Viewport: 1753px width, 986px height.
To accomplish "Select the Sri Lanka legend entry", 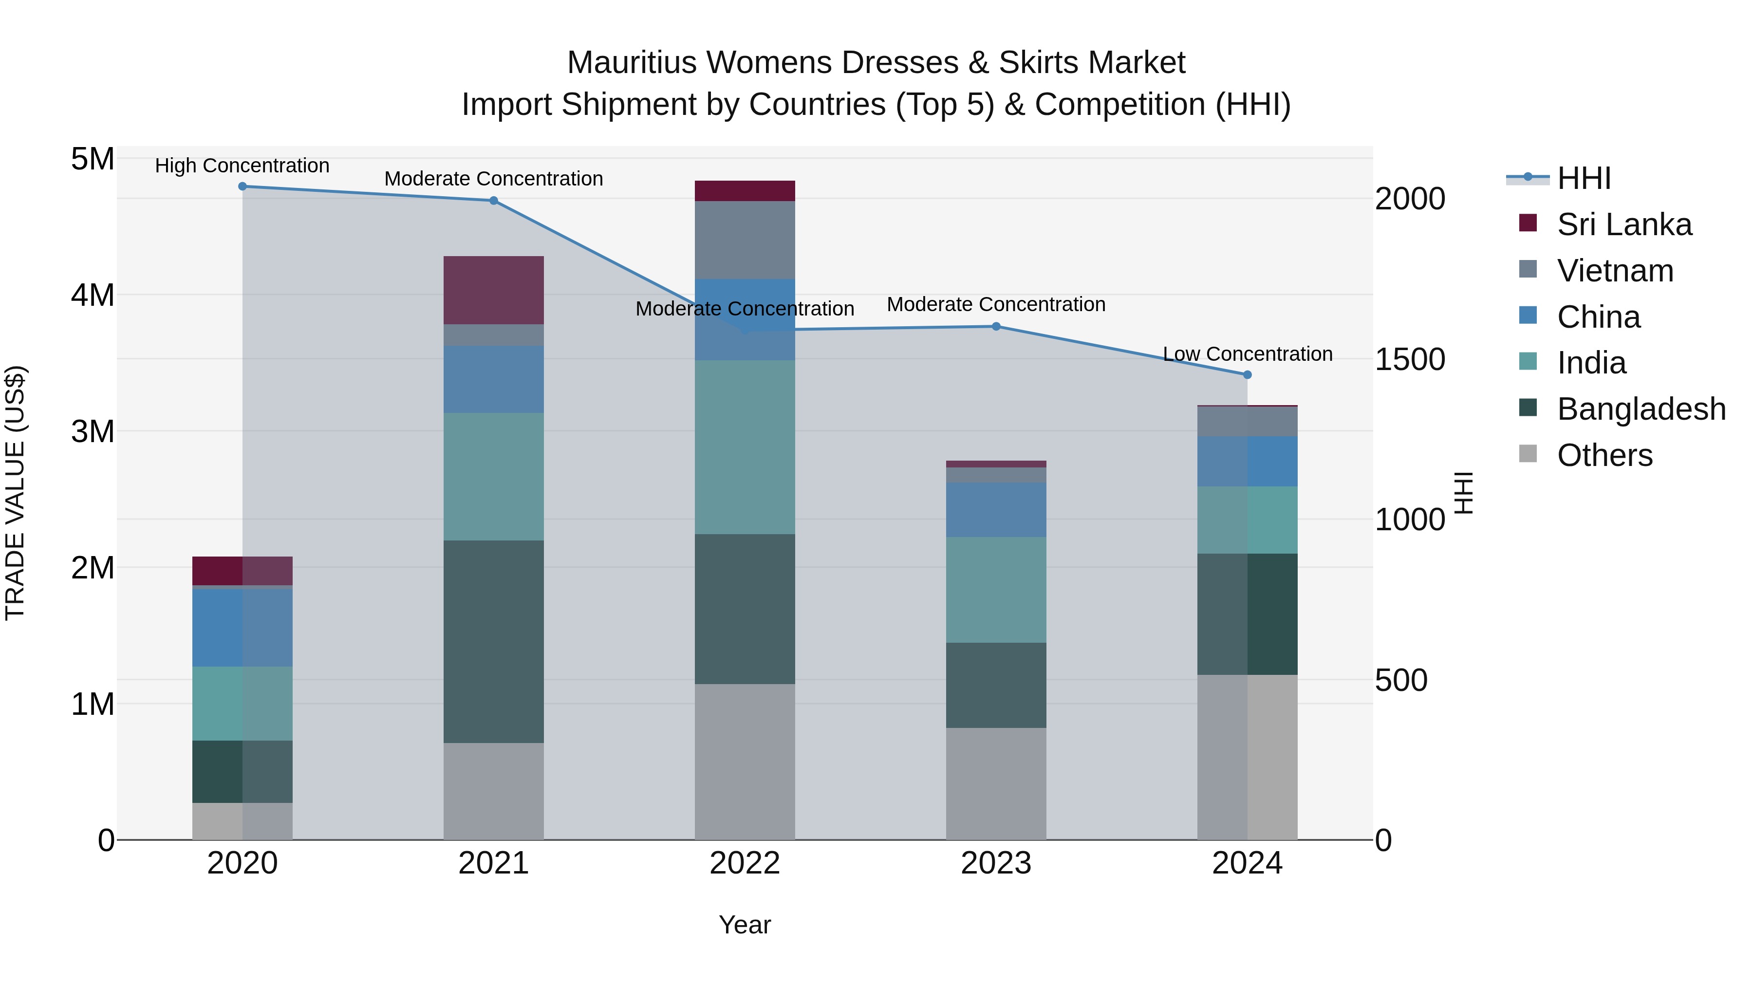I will tap(1623, 224).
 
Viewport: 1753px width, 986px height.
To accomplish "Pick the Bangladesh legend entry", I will tap(1641, 409).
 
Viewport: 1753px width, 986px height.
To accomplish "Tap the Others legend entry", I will tap(1604, 455).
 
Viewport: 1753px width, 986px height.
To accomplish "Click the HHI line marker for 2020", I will tap(242, 186).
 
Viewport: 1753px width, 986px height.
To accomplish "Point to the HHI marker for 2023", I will tap(996, 327).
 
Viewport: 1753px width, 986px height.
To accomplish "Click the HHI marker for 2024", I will tap(1247, 375).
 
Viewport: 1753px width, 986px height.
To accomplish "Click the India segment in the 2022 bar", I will tap(745, 447).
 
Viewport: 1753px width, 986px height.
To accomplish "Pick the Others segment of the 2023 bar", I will tap(996, 783).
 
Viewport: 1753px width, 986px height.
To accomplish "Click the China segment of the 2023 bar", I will tap(996, 510).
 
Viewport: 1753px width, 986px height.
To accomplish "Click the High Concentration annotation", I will tap(242, 166).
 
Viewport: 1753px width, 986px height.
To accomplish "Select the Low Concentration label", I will tap(1247, 354).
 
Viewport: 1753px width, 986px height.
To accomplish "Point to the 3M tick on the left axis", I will tap(93, 431).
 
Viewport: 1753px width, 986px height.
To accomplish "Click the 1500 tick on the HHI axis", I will tap(1409, 359).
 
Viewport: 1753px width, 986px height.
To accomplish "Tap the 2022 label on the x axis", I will tap(745, 863).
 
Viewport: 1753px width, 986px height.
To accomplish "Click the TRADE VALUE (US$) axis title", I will tap(15, 493).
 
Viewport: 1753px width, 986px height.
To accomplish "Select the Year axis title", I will tap(745, 925).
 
